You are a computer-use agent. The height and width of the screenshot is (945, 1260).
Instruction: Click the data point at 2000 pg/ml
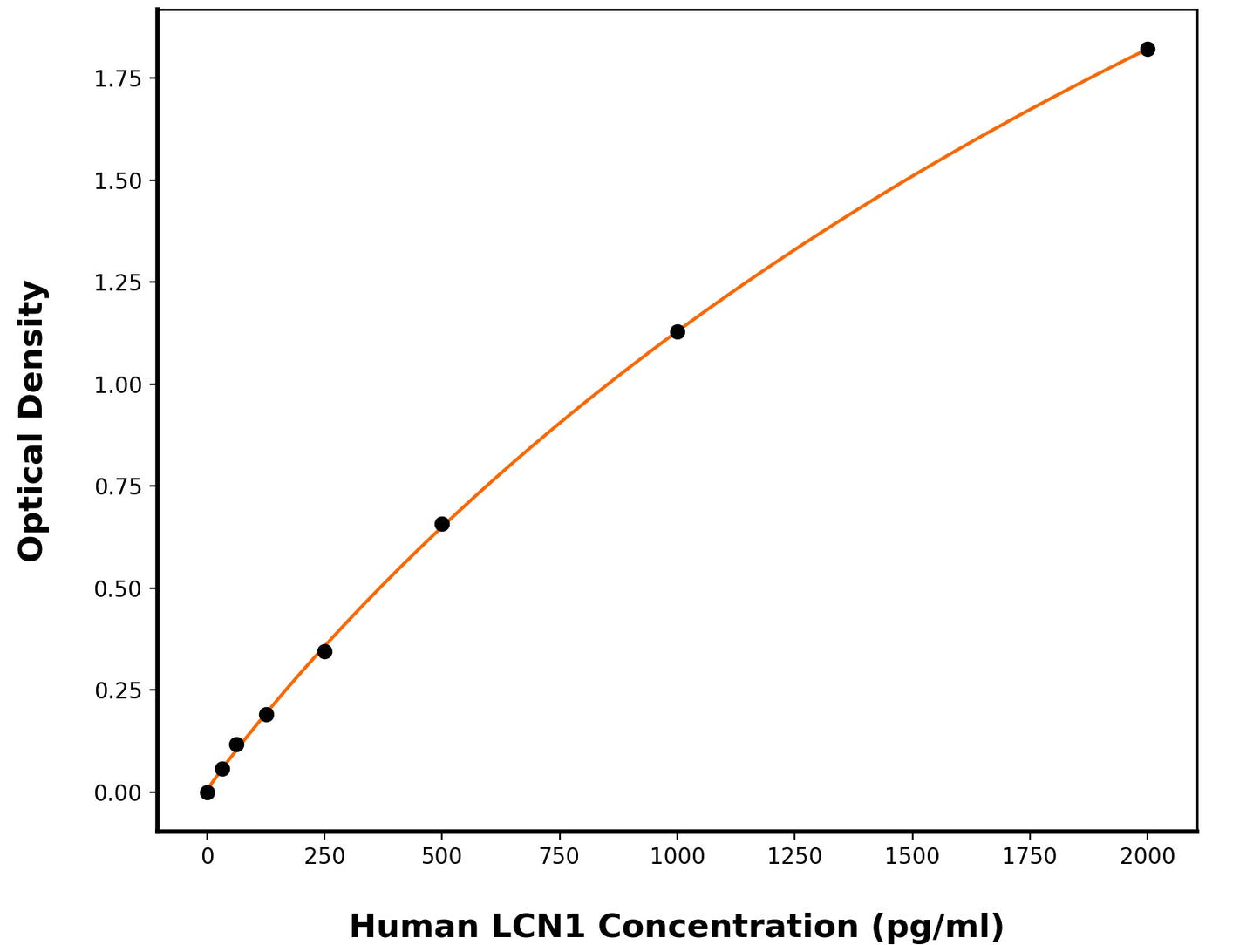pyautogui.click(x=1148, y=50)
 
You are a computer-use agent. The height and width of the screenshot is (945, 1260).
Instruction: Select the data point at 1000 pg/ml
pyautogui.click(x=678, y=332)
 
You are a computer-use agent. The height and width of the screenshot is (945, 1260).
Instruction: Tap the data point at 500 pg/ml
pyautogui.click(x=442, y=524)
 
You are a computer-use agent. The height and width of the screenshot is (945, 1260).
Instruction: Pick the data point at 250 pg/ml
pyautogui.click(x=324, y=651)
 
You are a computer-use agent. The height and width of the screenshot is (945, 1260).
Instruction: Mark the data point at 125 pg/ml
pyautogui.click(x=267, y=715)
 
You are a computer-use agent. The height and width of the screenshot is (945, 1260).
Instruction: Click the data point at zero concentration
pyautogui.click(x=208, y=792)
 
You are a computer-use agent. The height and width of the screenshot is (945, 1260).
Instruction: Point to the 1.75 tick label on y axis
pyautogui.click(x=118, y=78)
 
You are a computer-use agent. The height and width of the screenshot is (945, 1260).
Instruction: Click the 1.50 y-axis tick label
pyautogui.click(x=118, y=180)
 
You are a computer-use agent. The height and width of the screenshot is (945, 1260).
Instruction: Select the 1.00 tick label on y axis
pyautogui.click(x=118, y=384)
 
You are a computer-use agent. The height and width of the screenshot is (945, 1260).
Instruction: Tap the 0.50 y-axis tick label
pyautogui.click(x=118, y=588)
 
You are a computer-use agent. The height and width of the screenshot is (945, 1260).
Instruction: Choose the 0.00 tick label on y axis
pyautogui.click(x=118, y=792)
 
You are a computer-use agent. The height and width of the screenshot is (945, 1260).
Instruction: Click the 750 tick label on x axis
pyautogui.click(x=560, y=857)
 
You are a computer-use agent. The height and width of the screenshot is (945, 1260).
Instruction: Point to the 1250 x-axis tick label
pyautogui.click(x=794, y=857)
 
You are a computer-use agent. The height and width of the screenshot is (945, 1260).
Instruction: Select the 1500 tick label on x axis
pyautogui.click(x=912, y=857)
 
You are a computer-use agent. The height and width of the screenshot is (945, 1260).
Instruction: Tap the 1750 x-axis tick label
pyautogui.click(x=1030, y=857)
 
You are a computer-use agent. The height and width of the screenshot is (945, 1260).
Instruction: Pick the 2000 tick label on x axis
pyautogui.click(x=1148, y=857)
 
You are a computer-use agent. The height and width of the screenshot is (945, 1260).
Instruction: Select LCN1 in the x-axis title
pyautogui.click(x=538, y=926)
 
